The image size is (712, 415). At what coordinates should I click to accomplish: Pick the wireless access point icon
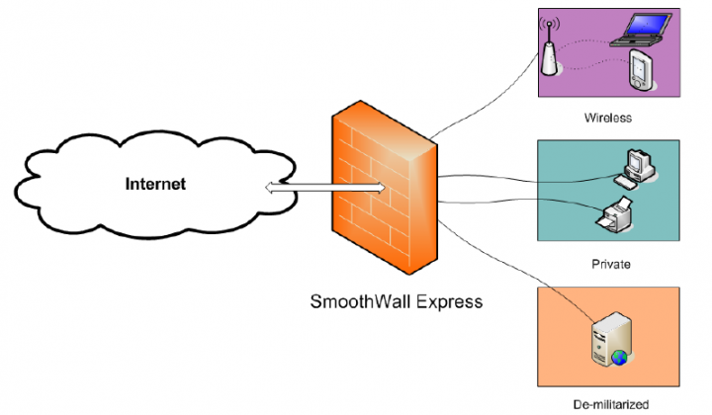pyautogui.click(x=548, y=54)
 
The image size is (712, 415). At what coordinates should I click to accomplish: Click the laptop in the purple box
pyautogui.click(x=638, y=32)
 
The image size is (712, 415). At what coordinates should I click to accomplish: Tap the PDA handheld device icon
pyautogui.click(x=642, y=72)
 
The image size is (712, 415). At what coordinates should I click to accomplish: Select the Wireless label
pyautogui.click(x=606, y=118)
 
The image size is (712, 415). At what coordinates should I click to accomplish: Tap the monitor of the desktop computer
pyautogui.click(x=635, y=161)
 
